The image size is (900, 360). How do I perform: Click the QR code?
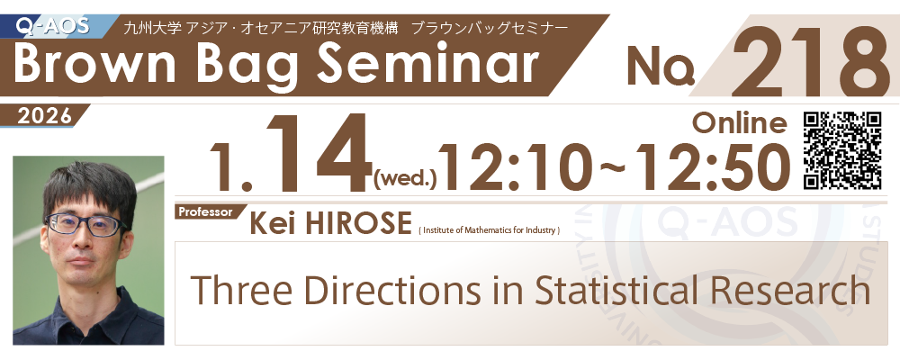pyautogui.click(x=842, y=150)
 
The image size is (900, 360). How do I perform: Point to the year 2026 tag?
pyautogui.click(x=45, y=117)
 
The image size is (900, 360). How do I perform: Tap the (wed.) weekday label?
pyautogui.click(x=405, y=181)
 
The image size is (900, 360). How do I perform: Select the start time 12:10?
pyautogui.click(x=515, y=166)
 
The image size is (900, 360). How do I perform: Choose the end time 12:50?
pyautogui.click(x=704, y=166)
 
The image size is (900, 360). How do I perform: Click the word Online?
pyautogui.click(x=739, y=123)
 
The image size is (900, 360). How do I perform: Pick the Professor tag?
pyautogui.click(x=205, y=211)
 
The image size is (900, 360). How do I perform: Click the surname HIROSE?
pyautogui.click(x=358, y=222)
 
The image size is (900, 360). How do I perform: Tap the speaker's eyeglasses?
pyautogui.click(x=86, y=224)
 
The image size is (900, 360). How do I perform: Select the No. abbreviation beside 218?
pyautogui.click(x=661, y=66)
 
